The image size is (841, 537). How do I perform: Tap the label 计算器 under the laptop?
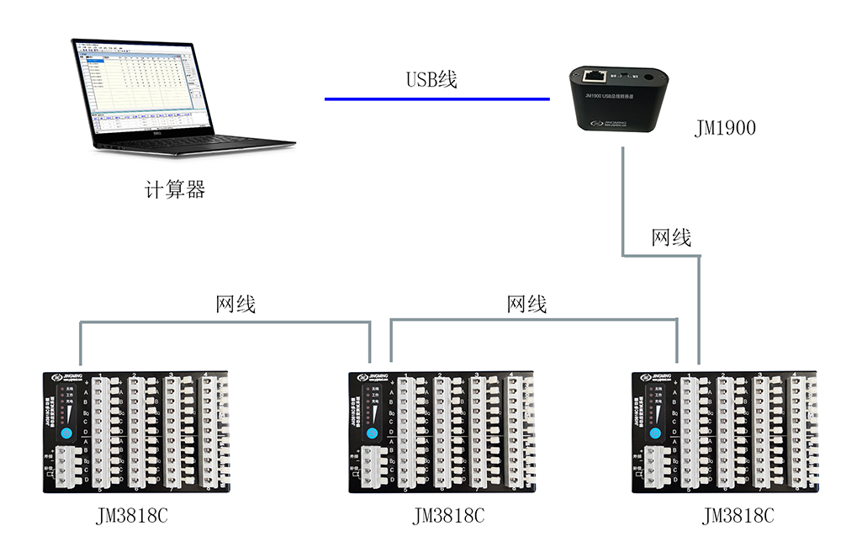175,190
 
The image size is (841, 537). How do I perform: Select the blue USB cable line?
437,99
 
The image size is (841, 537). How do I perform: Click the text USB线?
431,80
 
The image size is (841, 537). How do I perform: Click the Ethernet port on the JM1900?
596,76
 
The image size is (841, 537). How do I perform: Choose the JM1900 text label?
726,129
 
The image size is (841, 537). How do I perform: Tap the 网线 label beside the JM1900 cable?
671,238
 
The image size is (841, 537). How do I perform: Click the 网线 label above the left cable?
235,304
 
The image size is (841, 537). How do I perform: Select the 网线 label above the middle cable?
527,304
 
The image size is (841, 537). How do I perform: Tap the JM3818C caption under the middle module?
448,515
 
